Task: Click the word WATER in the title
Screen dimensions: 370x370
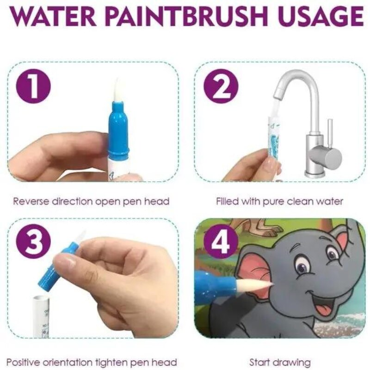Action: coord(53,16)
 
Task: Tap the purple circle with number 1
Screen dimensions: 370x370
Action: coord(33,86)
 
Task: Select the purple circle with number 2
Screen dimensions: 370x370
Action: coord(221,86)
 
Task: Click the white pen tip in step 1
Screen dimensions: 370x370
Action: coord(117,90)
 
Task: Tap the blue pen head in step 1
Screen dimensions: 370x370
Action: coord(119,130)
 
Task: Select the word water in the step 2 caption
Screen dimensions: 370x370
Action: coord(330,202)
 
